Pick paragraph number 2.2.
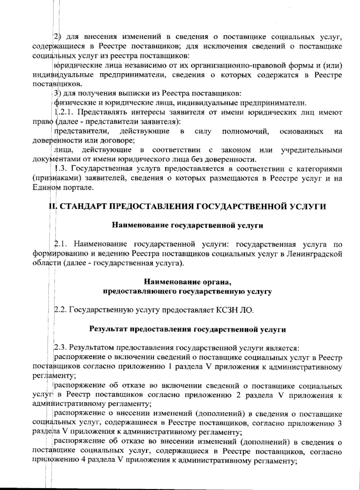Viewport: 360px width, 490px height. click(61, 309)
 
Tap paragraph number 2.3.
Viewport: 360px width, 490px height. click(61, 348)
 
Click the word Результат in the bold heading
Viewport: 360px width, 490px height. click(108, 329)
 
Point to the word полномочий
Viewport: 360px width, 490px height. click(245, 131)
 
